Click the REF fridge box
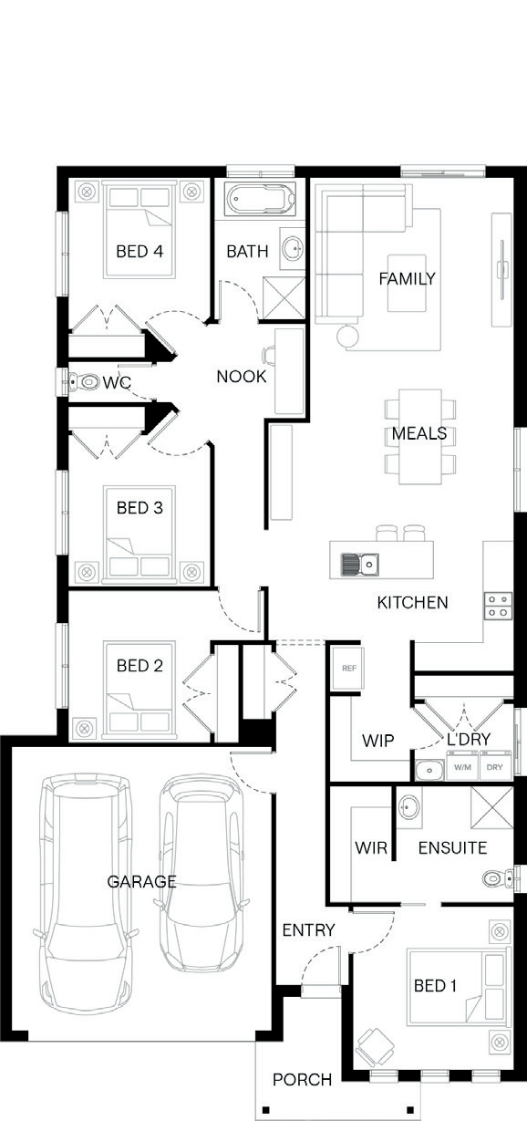click(x=349, y=668)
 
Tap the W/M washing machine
click(x=462, y=767)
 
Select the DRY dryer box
click(x=494, y=767)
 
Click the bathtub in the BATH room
click(x=260, y=200)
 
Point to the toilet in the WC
click(x=83, y=382)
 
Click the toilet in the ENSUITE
click(x=498, y=877)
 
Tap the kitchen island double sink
click(x=359, y=565)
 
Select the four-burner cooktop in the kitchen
click(x=498, y=606)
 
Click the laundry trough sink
click(x=429, y=770)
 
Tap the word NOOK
click(x=242, y=377)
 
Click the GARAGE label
click(x=141, y=881)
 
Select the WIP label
click(x=377, y=741)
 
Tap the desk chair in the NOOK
click(x=269, y=354)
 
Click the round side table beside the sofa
click(x=348, y=336)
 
